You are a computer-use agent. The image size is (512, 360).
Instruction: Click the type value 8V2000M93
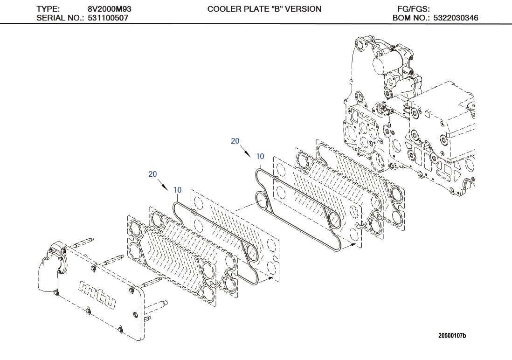click(106, 9)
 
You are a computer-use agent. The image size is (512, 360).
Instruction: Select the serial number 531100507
click(108, 18)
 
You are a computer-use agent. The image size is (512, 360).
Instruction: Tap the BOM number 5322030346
click(456, 18)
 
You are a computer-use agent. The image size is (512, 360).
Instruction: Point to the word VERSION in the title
click(304, 9)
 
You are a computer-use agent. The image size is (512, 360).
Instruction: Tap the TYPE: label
click(48, 9)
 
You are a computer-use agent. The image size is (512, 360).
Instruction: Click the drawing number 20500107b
click(452, 335)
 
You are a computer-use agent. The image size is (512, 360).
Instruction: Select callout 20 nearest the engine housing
click(235, 141)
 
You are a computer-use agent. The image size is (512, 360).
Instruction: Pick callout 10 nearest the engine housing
click(260, 157)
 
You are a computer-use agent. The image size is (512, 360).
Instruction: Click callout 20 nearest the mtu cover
click(152, 174)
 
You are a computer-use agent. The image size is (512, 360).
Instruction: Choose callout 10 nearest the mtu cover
click(177, 190)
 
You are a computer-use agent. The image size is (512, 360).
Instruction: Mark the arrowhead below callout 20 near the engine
click(249, 152)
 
